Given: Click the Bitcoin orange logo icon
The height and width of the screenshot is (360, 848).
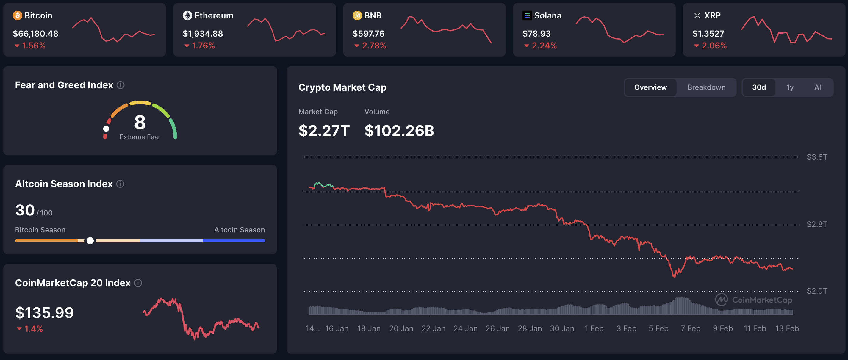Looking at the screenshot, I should click(18, 15).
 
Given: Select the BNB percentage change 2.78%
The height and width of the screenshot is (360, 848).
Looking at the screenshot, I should click(374, 46).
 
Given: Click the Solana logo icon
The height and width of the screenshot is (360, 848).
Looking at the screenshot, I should click(527, 15).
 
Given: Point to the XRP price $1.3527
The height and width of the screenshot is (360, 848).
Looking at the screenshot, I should click(708, 34).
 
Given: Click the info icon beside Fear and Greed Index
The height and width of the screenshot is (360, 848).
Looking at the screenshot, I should click(121, 85).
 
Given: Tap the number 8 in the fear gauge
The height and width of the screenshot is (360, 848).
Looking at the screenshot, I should click(140, 122).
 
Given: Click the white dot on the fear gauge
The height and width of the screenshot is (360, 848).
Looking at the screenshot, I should click(106, 129).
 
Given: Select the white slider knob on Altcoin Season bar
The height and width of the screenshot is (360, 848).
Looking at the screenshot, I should click(90, 241).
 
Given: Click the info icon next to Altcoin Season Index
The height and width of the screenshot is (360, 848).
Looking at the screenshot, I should click(121, 184).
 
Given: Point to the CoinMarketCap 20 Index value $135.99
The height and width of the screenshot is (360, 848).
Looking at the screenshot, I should click(44, 313).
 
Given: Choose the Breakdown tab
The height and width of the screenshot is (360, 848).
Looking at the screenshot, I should click(706, 87).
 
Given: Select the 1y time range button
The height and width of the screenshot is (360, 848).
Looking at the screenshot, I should click(790, 87).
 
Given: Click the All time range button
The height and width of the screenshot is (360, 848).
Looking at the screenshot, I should click(818, 87).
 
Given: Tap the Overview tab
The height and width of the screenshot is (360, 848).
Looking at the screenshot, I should click(650, 87).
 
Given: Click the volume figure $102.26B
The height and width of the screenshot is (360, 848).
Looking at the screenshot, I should click(399, 131).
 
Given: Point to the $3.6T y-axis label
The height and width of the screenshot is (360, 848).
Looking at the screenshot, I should click(816, 157).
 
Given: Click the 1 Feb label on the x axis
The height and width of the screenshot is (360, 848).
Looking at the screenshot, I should click(594, 328).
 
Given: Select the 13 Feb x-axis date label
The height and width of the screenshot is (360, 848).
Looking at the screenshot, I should click(787, 328).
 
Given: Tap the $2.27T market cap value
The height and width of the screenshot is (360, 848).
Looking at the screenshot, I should click(324, 131).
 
